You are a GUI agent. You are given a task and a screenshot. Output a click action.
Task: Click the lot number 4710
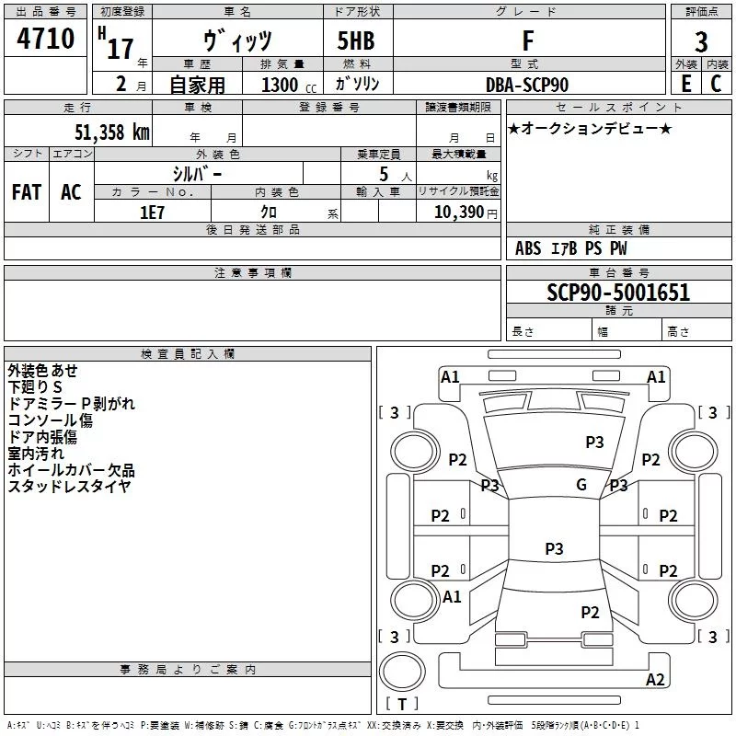[45, 39]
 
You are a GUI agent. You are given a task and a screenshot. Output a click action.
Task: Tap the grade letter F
[528, 40]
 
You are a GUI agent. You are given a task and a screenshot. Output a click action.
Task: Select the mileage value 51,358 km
[112, 132]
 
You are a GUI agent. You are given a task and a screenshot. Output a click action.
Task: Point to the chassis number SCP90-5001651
[618, 293]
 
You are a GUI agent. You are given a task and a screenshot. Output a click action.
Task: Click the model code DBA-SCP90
[527, 85]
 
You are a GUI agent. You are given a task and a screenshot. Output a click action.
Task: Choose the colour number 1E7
[152, 213]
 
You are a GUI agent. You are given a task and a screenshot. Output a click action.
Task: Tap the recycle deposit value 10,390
[458, 213]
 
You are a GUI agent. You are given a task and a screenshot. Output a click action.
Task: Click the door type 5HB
[356, 40]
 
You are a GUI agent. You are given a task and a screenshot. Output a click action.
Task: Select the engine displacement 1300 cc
[289, 85]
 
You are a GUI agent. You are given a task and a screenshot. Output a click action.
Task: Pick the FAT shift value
[27, 192]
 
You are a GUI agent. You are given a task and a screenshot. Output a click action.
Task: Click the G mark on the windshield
[581, 484]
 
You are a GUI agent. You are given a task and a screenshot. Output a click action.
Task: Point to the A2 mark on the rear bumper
[655, 679]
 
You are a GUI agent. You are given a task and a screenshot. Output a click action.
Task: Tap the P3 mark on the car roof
[554, 548]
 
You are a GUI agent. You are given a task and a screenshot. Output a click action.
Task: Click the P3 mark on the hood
[594, 442]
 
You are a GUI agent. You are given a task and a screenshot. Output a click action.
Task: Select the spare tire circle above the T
[402, 672]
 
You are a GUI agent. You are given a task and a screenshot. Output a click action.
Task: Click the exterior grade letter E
[686, 84]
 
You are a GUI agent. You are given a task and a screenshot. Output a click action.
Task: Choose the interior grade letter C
[716, 84]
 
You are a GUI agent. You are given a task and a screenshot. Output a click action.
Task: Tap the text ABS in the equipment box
[528, 248]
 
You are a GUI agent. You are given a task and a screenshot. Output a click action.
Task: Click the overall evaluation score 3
[701, 42]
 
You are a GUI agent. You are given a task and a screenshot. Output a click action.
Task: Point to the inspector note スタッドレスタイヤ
[69, 487]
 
